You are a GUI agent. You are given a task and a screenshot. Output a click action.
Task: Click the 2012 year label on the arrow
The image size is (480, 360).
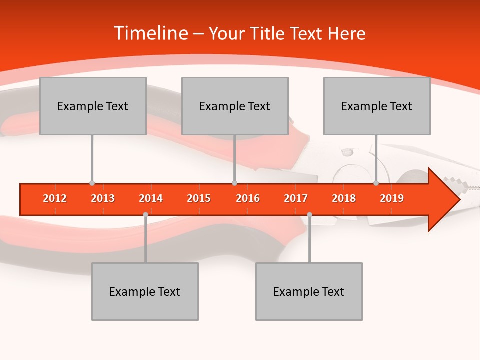coord(55,198)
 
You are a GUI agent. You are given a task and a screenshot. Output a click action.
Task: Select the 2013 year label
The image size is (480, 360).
coord(103,198)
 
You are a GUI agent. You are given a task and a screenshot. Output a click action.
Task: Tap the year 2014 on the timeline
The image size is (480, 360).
coord(151,198)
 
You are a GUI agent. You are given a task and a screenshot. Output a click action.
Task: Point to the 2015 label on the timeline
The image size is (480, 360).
coord(199,198)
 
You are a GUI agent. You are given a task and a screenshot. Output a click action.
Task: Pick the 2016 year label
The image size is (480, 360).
coord(248,198)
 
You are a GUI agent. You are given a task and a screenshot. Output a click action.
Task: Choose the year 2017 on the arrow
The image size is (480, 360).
coord(296,198)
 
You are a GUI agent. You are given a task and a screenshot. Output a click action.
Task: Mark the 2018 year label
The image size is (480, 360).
coord(344,198)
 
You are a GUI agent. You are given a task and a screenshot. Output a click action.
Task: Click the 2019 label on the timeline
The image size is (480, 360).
coord(392,198)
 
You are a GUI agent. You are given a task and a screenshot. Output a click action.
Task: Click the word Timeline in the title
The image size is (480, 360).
coord(150,33)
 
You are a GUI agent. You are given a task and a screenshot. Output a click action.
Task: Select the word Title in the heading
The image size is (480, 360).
coord(269,34)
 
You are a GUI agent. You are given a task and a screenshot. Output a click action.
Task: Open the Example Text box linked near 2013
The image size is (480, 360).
coord(93,106)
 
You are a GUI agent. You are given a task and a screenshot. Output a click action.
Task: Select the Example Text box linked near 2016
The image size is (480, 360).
coord(235,106)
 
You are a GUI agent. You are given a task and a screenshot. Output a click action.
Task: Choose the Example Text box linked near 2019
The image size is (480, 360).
coord(377,106)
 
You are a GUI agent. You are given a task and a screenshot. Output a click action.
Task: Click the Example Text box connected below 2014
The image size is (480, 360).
coord(145,291)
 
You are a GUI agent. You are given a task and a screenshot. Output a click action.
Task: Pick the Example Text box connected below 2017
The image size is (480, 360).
coord(309,291)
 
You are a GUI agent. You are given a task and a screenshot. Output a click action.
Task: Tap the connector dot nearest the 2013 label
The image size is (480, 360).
coord(92,183)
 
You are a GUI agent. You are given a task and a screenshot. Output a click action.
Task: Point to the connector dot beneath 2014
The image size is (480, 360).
coord(145,214)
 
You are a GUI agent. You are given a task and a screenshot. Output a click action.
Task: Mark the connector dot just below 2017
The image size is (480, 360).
coord(309,214)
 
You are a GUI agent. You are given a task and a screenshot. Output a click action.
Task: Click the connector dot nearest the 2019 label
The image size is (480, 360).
coord(376,183)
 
